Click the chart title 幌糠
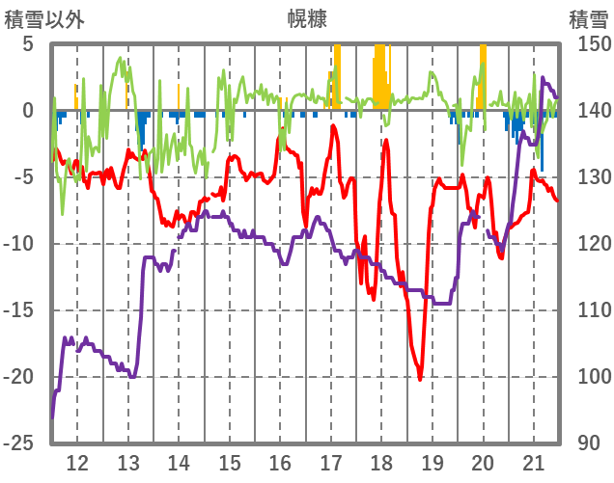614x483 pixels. tap(307, 17)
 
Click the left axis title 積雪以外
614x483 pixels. tap(40, 17)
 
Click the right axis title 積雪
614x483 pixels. tap(588, 17)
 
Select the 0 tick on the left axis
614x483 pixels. tap(28, 111)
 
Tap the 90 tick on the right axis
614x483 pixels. tap(588, 443)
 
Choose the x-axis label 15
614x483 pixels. tap(230, 460)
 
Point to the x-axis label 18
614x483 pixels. tap(381, 460)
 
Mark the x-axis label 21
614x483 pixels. tap(534, 460)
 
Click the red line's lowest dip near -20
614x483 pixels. tap(420, 379)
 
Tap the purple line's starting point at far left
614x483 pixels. tap(52, 416)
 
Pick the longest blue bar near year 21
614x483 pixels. tap(542, 141)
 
